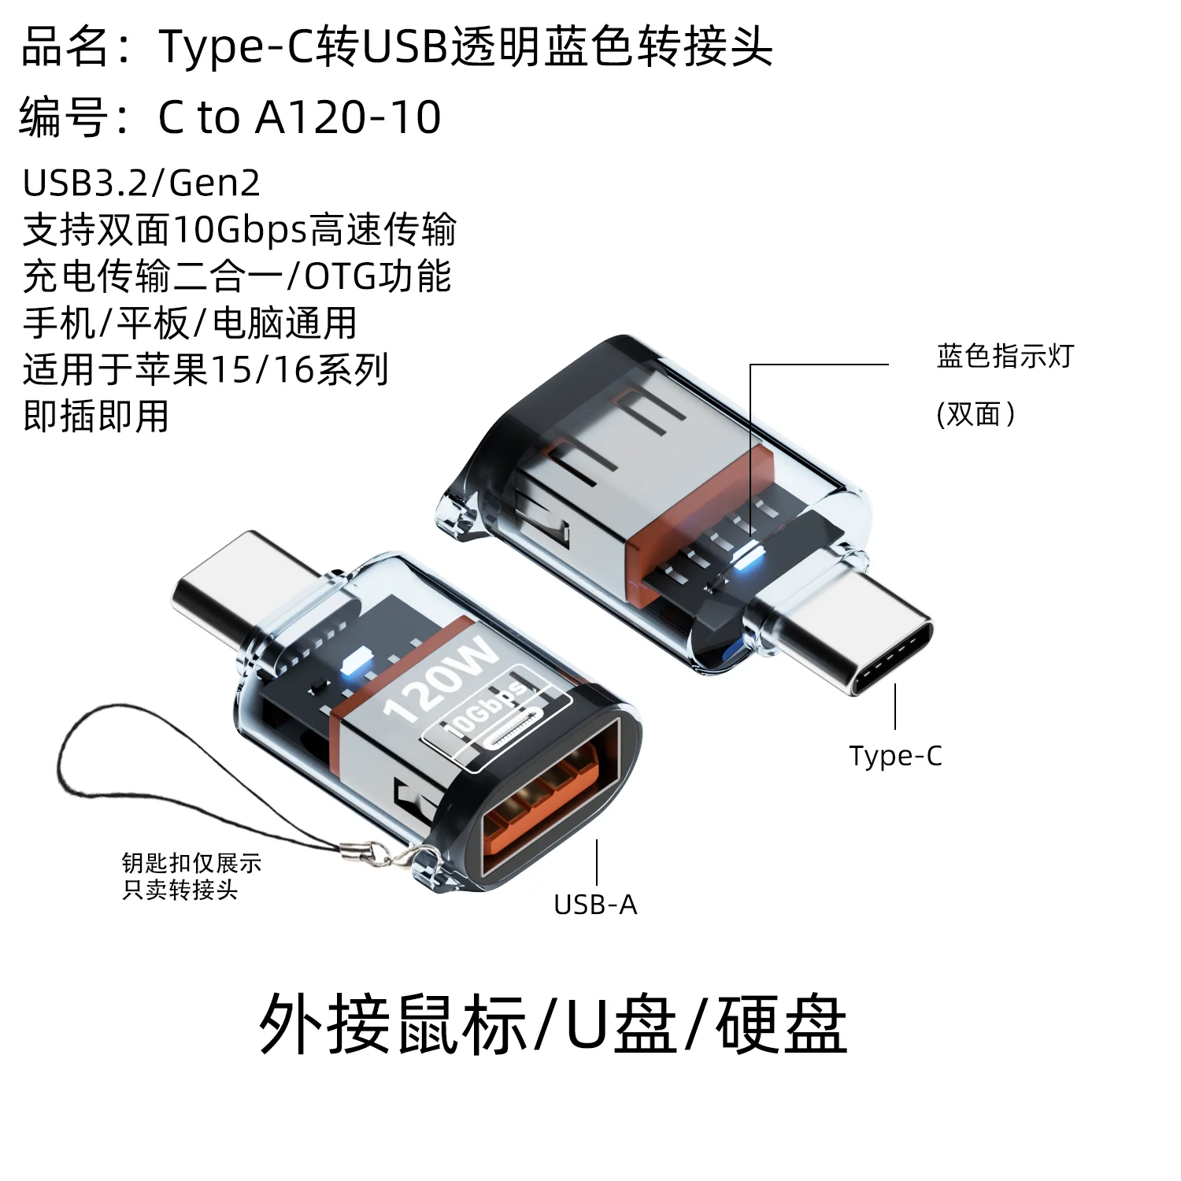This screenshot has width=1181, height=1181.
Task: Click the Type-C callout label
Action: pos(895,756)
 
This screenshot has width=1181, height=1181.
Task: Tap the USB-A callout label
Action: pos(595,905)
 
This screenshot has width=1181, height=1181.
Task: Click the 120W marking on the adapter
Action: pos(441,680)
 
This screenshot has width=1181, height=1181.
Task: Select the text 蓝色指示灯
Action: pos(1005,356)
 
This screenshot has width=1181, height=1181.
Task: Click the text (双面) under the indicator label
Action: pos(976,413)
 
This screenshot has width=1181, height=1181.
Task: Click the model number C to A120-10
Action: pos(299,117)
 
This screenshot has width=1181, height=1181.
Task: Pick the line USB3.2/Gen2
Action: pos(142,183)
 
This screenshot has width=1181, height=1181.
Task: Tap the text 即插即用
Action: pos(96,416)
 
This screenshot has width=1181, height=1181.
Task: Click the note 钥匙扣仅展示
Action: pos(191,863)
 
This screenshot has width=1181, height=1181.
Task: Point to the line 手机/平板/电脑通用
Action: pos(190,323)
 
